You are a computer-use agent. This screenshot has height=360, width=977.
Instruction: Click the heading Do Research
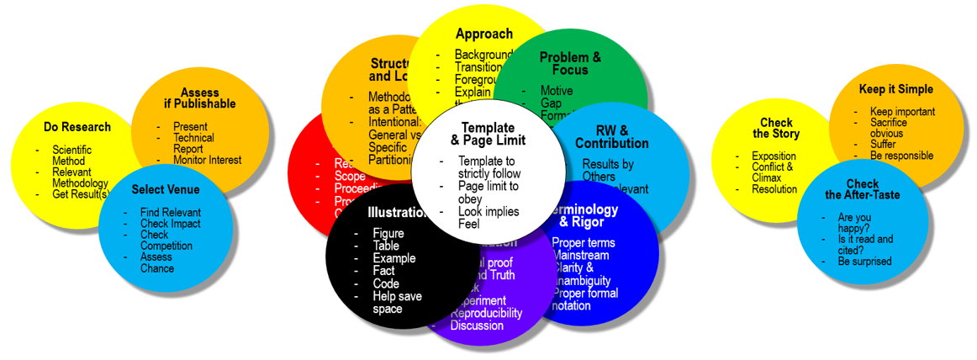[x=77, y=127]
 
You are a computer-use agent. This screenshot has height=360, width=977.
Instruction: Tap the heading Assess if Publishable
[x=199, y=98]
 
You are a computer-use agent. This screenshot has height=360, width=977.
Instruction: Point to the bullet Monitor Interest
[x=207, y=160]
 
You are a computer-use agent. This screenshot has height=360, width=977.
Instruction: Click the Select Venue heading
[x=166, y=189]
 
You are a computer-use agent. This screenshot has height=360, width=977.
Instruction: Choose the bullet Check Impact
[x=170, y=224]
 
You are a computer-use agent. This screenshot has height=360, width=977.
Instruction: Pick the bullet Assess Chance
[x=157, y=262]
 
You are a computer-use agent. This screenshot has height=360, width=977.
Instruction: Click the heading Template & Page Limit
[x=488, y=134]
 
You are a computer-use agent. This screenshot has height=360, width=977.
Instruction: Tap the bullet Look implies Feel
[x=488, y=217]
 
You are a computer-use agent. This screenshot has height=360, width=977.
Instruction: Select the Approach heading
[x=483, y=34]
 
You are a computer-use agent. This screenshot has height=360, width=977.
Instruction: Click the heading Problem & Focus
[x=570, y=63]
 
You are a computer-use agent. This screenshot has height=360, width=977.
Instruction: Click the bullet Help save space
[x=398, y=302]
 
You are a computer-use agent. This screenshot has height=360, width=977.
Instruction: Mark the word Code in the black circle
[x=386, y=283]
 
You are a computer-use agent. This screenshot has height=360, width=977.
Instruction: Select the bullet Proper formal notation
[x=585, y=299]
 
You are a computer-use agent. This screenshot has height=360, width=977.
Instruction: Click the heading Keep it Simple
[x=895, y=89]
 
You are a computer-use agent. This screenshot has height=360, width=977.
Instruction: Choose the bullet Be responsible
[x=901, y=156]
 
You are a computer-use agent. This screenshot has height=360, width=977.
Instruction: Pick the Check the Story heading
[x=775, y=128]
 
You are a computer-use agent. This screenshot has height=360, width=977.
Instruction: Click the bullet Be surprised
[x=863, y=261]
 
